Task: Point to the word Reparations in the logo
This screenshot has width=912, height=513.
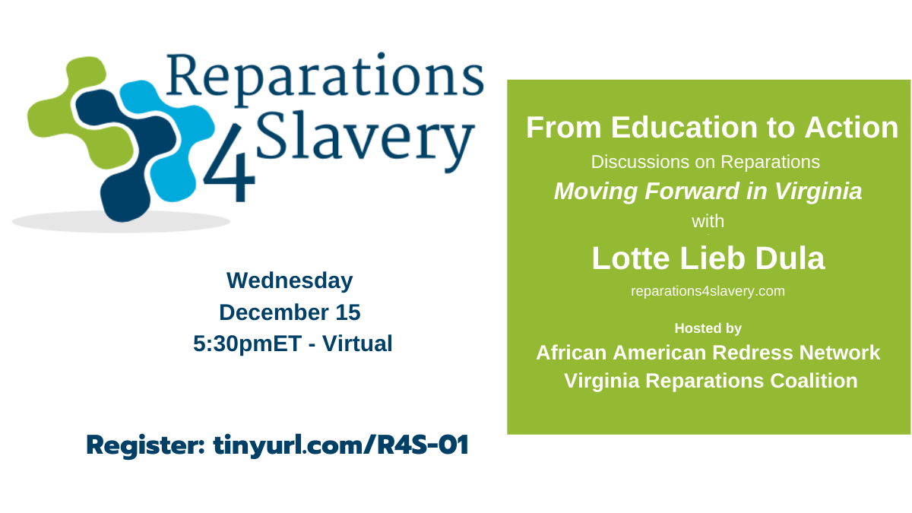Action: tap(325, 78)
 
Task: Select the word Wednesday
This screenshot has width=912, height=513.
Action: tap(290, 281)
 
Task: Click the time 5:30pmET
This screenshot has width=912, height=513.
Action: tap(247, 344)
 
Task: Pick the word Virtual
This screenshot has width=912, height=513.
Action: tap(357, 344)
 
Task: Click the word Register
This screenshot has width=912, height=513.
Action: tap(145, 445)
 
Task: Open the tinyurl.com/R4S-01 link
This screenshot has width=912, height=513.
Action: tap(340, 445)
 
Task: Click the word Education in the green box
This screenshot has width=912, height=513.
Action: tap(686, 128)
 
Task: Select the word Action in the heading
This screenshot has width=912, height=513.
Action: tap(851, 128)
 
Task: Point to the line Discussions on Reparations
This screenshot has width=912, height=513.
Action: tap(705, 162)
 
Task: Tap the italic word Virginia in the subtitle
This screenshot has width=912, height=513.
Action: tap(818, 192)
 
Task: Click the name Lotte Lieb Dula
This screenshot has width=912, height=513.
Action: tap(708, 258)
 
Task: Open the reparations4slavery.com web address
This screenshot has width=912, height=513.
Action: tap(708, 291)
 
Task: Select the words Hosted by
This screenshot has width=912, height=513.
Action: tap(708, 328)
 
